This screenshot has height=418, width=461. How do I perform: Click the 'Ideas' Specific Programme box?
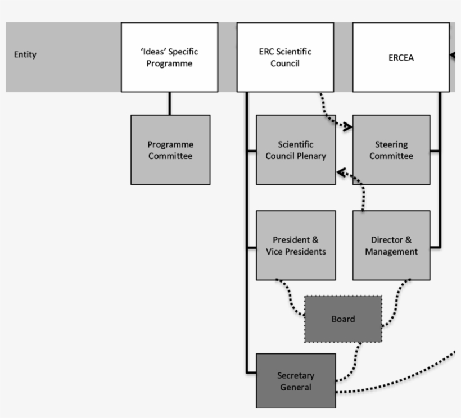click(x=169, y=57)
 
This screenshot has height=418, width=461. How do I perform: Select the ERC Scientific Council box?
click(x=285, y=57)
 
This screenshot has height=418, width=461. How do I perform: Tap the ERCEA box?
click(x=401, y=57)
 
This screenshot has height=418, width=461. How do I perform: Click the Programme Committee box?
click(x=170, y=150)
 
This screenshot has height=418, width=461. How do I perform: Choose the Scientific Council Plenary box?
click(x=296, y=150)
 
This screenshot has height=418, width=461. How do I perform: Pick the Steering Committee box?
click(x=391, y=150)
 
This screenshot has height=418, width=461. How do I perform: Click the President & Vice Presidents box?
click(x=296, y=246)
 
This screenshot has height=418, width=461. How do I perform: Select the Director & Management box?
click(x=391, y=246)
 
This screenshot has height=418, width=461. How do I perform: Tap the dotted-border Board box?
click(x=343, y=319)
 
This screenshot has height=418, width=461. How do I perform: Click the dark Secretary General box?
click(x=296, y=381)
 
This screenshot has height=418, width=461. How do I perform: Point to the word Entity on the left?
click(x=25, y=54)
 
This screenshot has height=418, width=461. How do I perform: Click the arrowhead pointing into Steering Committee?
click(x=349, y=128)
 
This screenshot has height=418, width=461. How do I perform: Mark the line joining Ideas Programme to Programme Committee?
click(x=169, y=103)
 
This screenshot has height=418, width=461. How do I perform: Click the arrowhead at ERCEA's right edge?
click(x=452, y=55)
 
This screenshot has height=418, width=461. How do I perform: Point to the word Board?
click(x=343, y=319)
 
